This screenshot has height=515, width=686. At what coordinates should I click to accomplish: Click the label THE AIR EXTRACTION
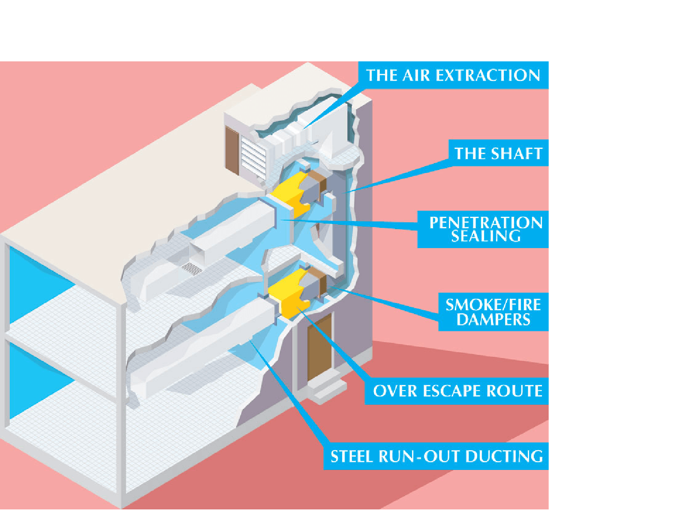pyautogui.click(x=453, y=76)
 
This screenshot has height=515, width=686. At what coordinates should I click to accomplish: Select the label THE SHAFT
pyautogui.click(x=498, y=153)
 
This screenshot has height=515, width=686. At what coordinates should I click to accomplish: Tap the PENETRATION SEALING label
pyautogui.click(x=485, y=229)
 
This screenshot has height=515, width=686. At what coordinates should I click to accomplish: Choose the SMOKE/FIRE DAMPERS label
pyautogui.click(x=493, y=312)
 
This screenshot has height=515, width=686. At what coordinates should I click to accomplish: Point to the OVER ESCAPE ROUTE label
pyautogui.click(x=457, y=391)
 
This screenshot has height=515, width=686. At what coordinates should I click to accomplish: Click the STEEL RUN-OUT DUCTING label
pyautogui.click(x=436, y=456)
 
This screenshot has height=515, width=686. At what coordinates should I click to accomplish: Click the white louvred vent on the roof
pyautogui.click(x=253, y=157)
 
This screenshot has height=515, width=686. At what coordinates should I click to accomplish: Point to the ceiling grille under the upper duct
pyautogui.click(x=192, y=269)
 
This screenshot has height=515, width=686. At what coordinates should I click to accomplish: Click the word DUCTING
pyautogui.click(x=504, y=456)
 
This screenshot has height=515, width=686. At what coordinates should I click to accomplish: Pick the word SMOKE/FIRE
pyautogui.click(x=493, y=305)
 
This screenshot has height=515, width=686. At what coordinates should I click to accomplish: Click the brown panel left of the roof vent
pyautogui.click(x=232, y=150)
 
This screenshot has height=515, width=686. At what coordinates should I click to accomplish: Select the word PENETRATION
pyautogui.click(x=486, y=223)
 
